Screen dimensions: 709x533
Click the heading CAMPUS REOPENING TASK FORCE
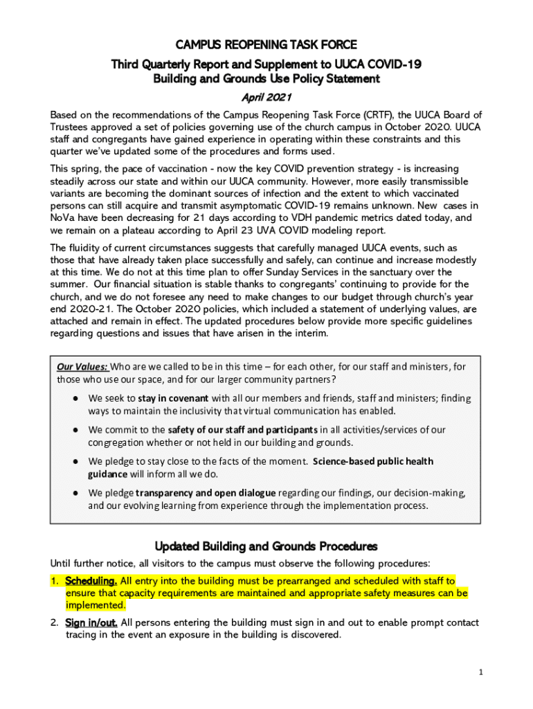coord(266,46)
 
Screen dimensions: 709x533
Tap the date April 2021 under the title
coord(266,97)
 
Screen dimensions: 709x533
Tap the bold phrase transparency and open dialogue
coord(206,492)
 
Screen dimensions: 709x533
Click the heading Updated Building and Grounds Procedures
coord(266,546)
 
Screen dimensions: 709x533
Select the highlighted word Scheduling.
coord(91,581)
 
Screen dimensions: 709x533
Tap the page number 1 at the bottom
coord(480,672)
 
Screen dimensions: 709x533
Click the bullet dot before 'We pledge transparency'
coord(74,493)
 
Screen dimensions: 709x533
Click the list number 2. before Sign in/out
coord(54,622)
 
